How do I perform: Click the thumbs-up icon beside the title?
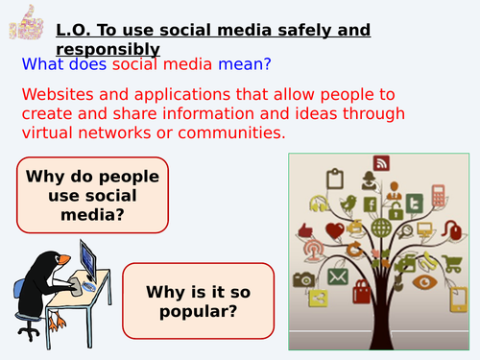coord(26,22)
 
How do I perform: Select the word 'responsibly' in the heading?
coord(108,50)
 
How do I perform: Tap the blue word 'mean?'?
coord(245,64)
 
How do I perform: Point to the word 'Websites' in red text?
coord(58,94)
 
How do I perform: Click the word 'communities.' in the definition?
coord(231,132)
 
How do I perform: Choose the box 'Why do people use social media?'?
coord(92,195)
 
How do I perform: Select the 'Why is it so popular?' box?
coord(198,300)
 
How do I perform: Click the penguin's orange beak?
coord(64,259)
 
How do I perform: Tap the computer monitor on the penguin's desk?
coord(88,259)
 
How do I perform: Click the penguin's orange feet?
coord(56,321)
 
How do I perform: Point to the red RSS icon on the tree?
coord(381,163)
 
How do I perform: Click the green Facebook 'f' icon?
coord(371,204)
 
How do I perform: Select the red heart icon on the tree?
coord(335,230)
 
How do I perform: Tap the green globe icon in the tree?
coord(381,228)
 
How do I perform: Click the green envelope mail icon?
coord(338,276)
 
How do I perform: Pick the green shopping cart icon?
coord(452,263)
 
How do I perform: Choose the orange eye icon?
coord(424,282)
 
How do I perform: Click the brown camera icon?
coord(304,279)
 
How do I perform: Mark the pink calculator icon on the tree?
coord(439,195)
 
